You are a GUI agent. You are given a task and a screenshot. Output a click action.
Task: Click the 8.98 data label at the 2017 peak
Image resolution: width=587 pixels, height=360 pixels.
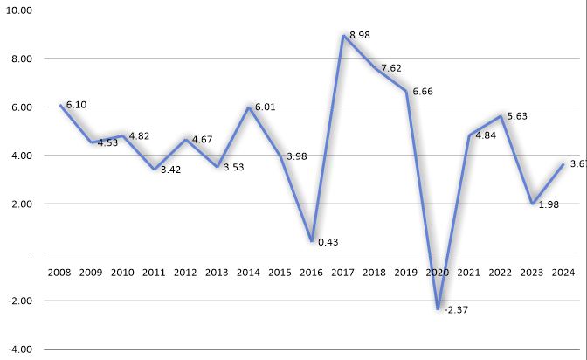click(x=360, y=35)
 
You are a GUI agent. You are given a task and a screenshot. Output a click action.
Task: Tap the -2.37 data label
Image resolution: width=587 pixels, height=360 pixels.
click(x=455, y=309)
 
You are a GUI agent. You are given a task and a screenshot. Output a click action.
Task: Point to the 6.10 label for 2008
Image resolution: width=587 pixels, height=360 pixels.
click(x=77, y=105)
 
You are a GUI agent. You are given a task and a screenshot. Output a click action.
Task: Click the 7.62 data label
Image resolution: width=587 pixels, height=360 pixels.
click(x=391, y=68)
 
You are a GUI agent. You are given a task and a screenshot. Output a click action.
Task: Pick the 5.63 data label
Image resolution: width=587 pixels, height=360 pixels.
click(x=517, y=116)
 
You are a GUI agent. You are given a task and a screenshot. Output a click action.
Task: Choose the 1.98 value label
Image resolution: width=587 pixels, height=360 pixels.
click(x=549, y=205)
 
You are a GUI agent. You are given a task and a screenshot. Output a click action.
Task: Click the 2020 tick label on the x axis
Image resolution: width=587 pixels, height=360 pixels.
click(x=438, y=273)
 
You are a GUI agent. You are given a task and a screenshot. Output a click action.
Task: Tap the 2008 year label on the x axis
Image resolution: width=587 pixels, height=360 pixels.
click(x=59, y=273)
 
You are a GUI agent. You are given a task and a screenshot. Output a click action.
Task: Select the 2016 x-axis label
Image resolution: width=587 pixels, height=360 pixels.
click(x=312, y=273)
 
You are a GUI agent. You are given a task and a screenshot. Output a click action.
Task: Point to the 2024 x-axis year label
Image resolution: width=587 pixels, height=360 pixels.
click(x=563, y=273)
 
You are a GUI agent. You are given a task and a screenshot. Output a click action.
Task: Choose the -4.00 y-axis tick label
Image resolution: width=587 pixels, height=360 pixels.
click(x=18, y=349)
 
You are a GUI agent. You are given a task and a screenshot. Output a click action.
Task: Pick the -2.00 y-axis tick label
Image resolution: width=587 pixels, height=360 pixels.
click(x=18, y=301)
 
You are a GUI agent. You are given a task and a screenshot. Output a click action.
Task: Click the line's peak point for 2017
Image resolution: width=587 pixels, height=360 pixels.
click(x=343, y=36)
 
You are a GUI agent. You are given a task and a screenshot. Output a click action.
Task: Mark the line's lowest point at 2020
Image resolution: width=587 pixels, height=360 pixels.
click(x=438, y=309)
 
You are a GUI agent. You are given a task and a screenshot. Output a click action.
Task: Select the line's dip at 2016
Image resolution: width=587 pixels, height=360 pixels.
click(x=312, y=242)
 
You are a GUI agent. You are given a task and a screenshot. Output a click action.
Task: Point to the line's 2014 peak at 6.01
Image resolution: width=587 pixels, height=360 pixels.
click(x=249, y=107)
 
